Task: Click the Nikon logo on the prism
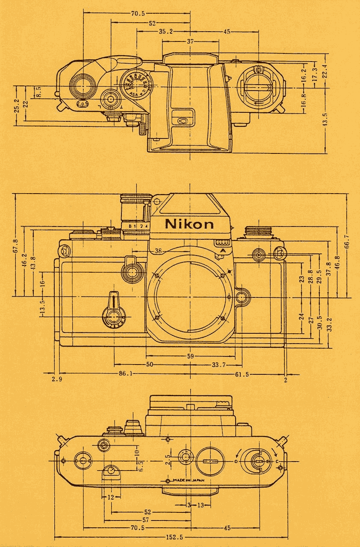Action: [189, 224]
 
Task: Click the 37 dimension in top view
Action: [190, 41]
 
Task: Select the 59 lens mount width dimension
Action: [191, 356]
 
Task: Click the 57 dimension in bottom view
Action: [145, 520]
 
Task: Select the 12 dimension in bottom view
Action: [111, 497]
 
